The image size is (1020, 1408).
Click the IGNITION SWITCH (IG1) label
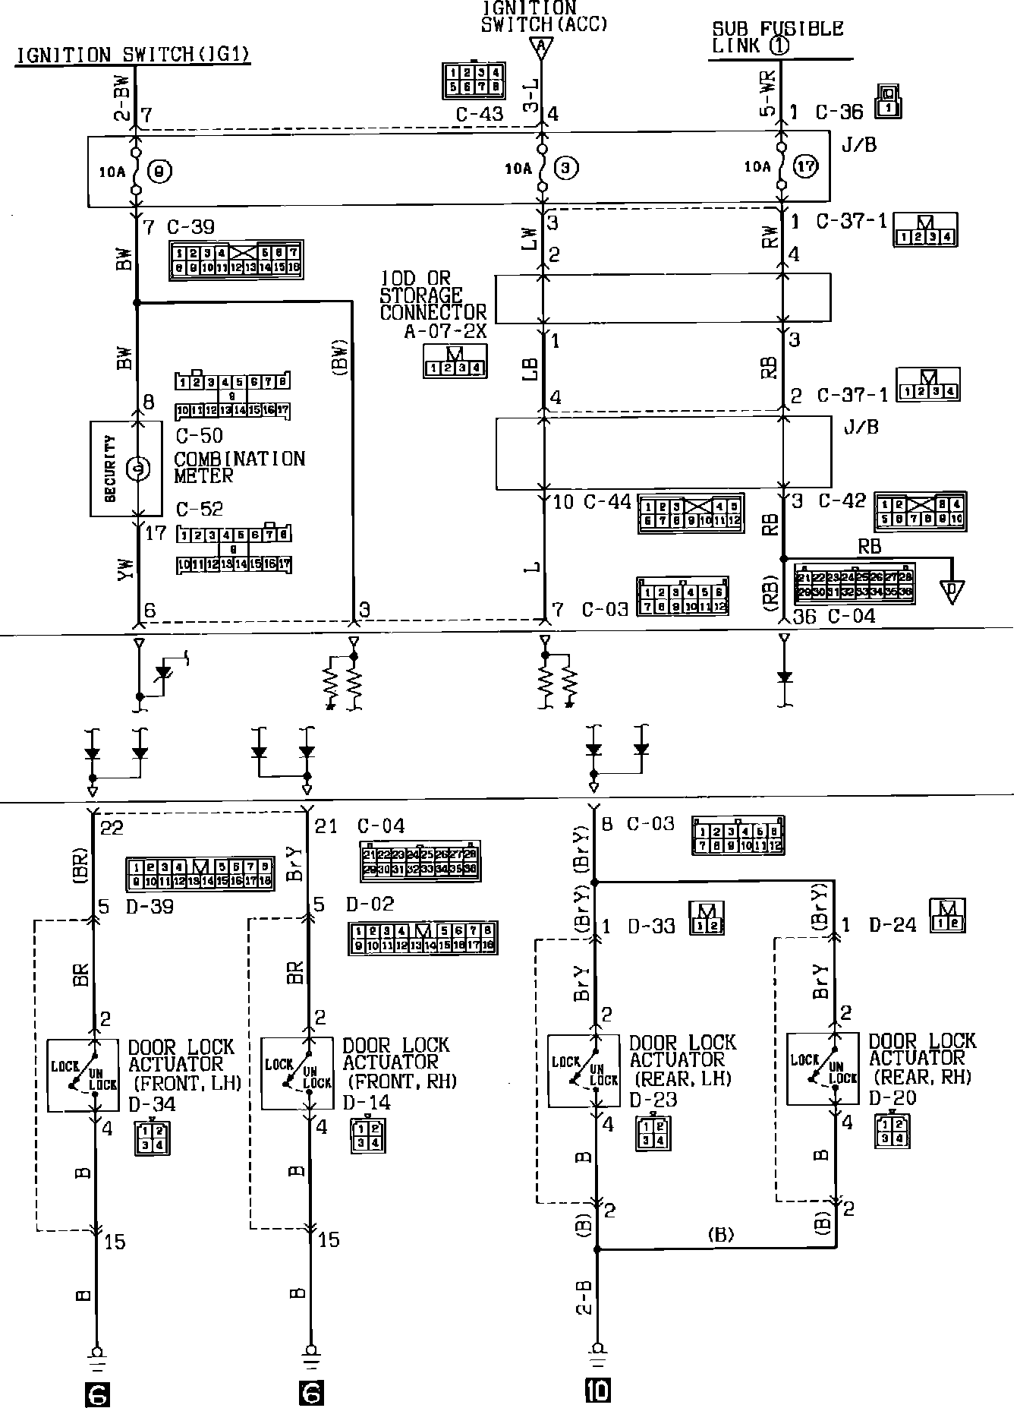coord(134,55)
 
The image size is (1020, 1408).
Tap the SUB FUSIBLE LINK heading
coord(776,37)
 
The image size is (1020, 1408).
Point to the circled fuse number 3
coord(565,168)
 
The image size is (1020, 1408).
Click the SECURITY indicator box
coord(126,469)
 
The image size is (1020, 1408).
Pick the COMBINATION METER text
coord(239,467)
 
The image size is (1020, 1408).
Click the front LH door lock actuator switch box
coord(83,1075)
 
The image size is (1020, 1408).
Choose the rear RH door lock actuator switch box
coord(823,1069)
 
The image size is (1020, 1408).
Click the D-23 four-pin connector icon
coord(653,1133)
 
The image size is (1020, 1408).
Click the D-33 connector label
coord(652,927)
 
